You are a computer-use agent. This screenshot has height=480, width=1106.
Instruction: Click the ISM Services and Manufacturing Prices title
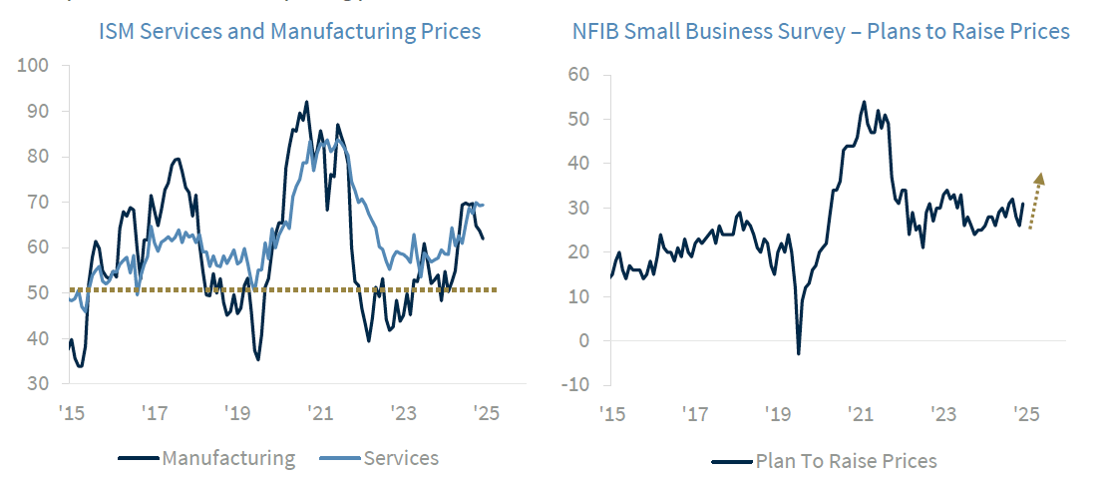pyautogui.click(x=289, y=32)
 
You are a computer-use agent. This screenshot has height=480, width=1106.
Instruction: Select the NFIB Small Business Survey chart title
pyautogui.click(x=821, y=32)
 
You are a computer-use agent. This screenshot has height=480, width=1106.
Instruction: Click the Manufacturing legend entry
pyautogui.click(x=207, y=458)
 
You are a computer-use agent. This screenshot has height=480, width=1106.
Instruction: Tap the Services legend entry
pyautogui.click(x=379, y=458)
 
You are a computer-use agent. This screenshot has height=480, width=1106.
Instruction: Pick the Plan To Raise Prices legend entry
pyautogui.click(x=825, y=460)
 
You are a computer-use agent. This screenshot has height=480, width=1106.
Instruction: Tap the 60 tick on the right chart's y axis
pyautogui.click(x=579, y=75)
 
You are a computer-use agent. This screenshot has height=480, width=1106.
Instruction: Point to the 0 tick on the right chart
pyautogui.click(x=584, y=340)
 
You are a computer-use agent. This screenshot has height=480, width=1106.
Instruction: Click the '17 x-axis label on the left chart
pyautogui.click(x=154, y=413)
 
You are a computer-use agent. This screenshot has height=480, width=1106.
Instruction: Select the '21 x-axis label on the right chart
pyautogui.click(x=859, y=413)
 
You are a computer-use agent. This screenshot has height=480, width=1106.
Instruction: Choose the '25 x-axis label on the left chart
pyautogui.click(x=486, y=413)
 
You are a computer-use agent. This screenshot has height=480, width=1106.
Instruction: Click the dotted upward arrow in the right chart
pyautogui.click(x=1035, y=200)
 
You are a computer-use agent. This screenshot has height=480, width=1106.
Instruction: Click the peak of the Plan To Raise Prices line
pyautogui.click(x=864, y=101)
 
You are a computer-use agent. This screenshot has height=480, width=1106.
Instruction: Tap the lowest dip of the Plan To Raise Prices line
pyautogui.click(x=798, y=353)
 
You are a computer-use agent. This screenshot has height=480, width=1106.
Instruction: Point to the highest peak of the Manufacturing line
pyautogui.click(x=306, y=101)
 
